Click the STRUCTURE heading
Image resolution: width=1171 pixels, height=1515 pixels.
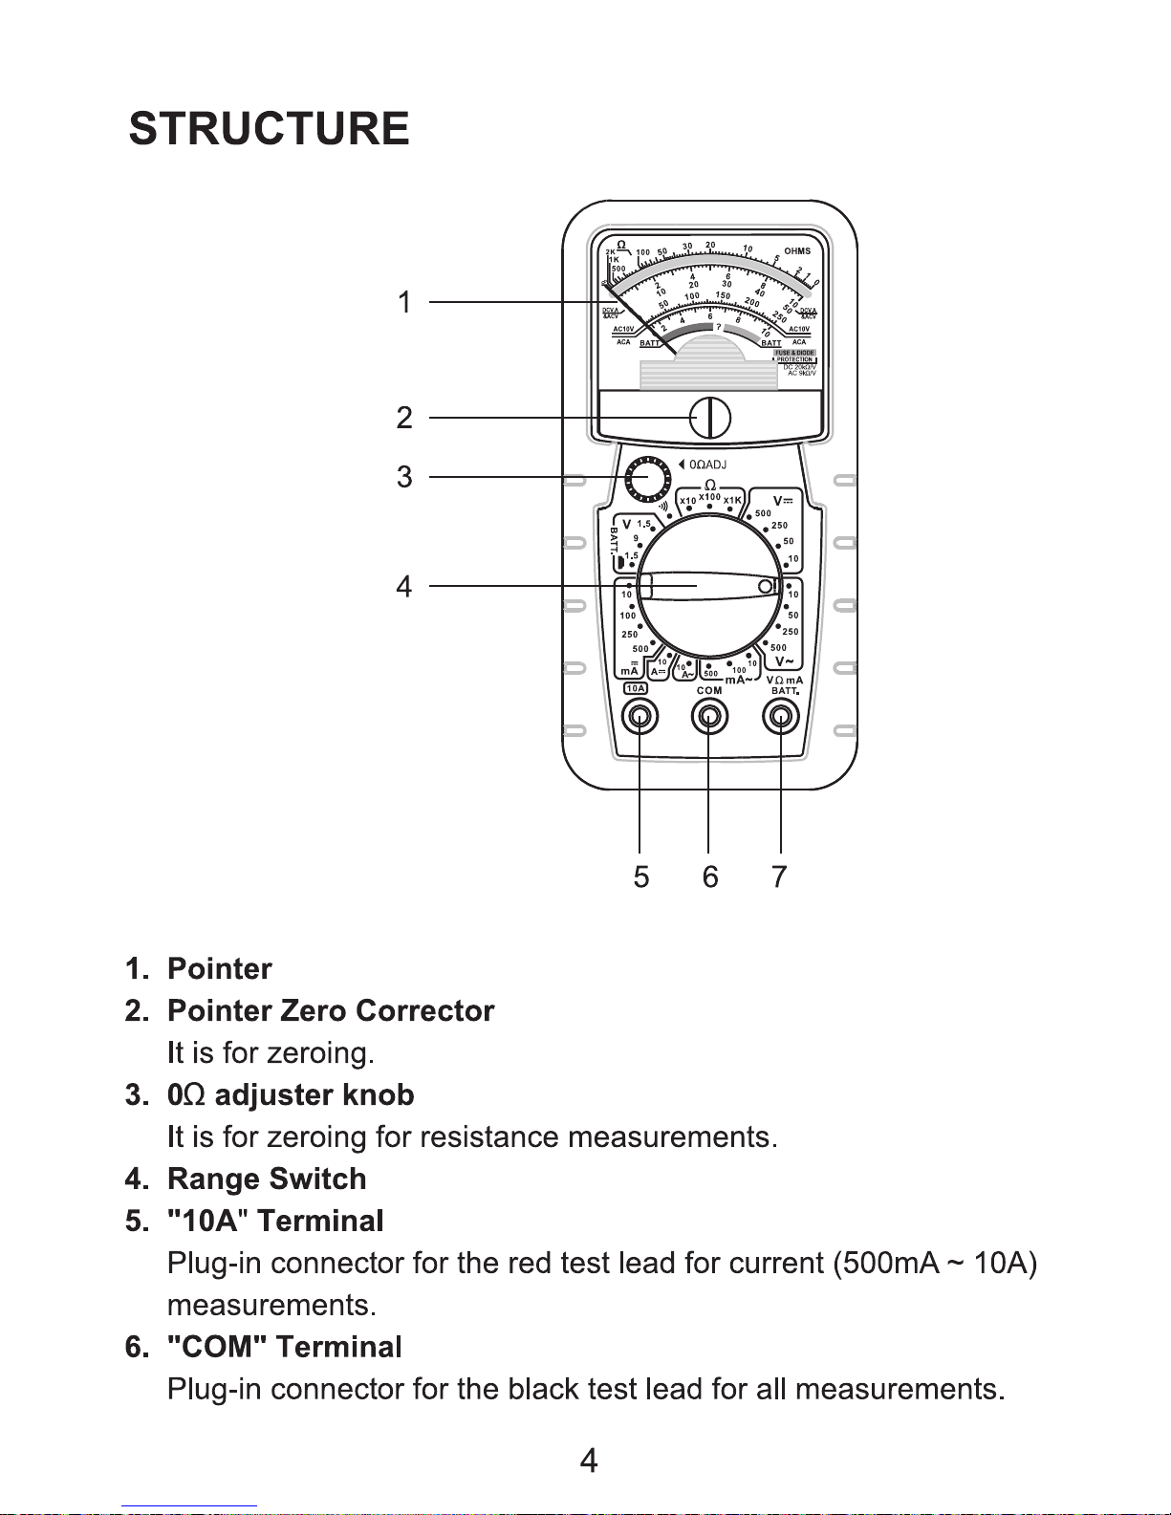(x=269, y=129)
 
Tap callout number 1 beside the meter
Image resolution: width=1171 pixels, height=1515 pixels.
(x=404, y=303)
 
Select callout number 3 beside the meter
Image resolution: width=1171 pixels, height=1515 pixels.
(x=404, y=477)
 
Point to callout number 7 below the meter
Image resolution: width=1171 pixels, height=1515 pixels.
(x=779, y=877)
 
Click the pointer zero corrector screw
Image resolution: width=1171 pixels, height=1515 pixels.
(x=710, y=418)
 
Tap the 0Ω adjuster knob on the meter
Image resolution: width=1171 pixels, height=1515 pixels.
(x=648, y=477)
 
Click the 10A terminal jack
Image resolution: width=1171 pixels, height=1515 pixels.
(x=639, y=716)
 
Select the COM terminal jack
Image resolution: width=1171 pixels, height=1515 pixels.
(x=708, y=716)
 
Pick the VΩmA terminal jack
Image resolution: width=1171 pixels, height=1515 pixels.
(x=781, y=716)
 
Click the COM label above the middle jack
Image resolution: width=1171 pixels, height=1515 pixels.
(x=709, y=690)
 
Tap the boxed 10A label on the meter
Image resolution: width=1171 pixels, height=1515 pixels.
(x=636, y=688)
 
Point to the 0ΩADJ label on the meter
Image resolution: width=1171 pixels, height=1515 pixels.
(x=707, y=465)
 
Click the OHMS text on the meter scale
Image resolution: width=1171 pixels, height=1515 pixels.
(x=797, y=251)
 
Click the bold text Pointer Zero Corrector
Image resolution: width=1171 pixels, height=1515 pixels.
(x=331, y=1010)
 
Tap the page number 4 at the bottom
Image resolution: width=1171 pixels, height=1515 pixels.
(x=589, y=1461)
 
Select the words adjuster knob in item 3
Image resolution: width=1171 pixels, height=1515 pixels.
(x=314, y=1094)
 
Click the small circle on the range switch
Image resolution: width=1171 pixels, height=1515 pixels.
(x=766, y=586)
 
